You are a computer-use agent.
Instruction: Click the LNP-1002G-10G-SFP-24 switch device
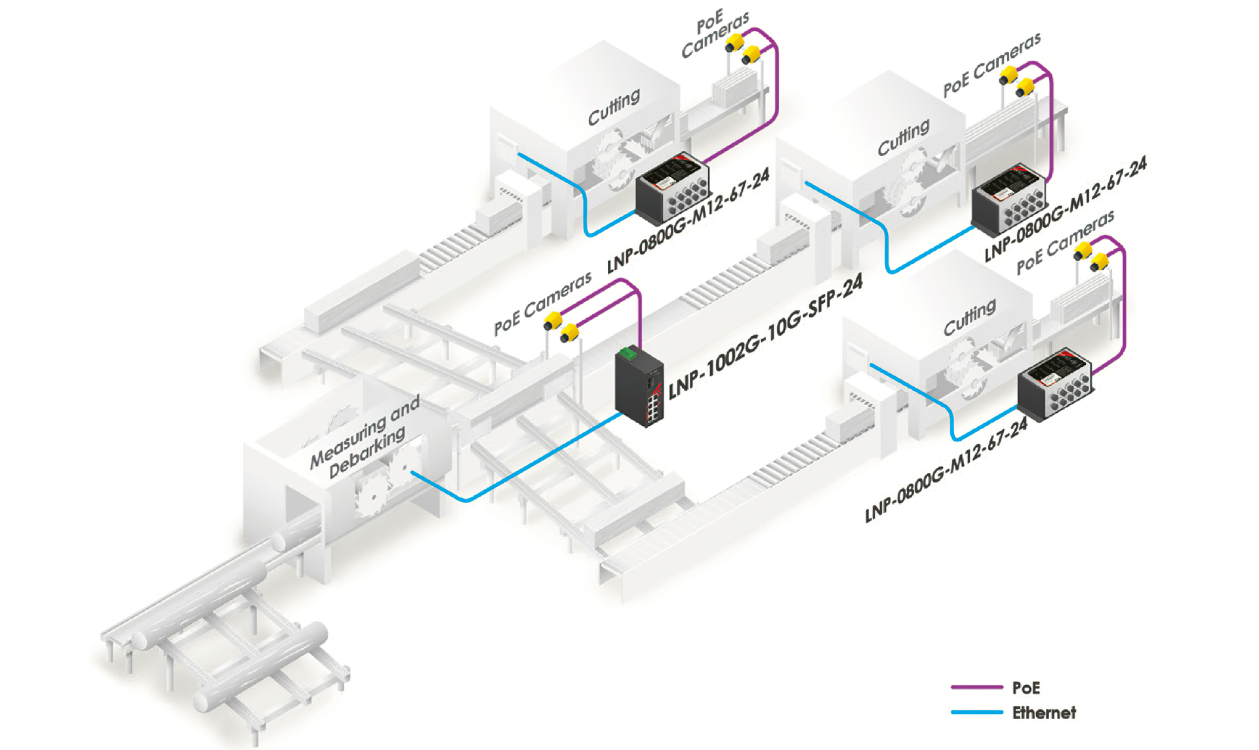click(x=638, y=389)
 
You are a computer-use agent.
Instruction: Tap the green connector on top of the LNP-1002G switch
click(x=628, y=353)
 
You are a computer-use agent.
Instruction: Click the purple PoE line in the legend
click(x=976, y=687)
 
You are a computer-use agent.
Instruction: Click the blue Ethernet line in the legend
click(x=976, y=712)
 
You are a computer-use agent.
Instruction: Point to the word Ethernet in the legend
click(x=1043, y=713)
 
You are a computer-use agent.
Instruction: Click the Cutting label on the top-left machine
click(x=614, y=108)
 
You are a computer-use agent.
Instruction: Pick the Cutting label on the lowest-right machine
click(x=969, y=318)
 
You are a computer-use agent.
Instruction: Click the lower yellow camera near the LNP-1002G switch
click(x=569, y=333)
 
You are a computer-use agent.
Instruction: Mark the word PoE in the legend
click(x=1026, y=688)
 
